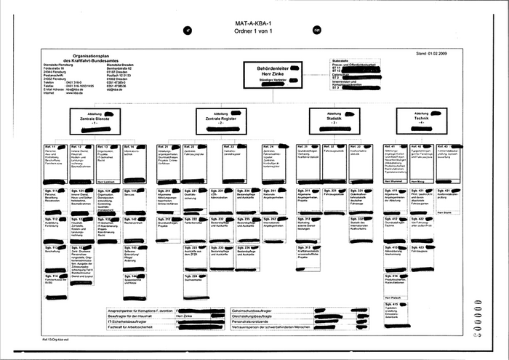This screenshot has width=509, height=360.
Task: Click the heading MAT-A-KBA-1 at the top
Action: [x=254, y=24]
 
